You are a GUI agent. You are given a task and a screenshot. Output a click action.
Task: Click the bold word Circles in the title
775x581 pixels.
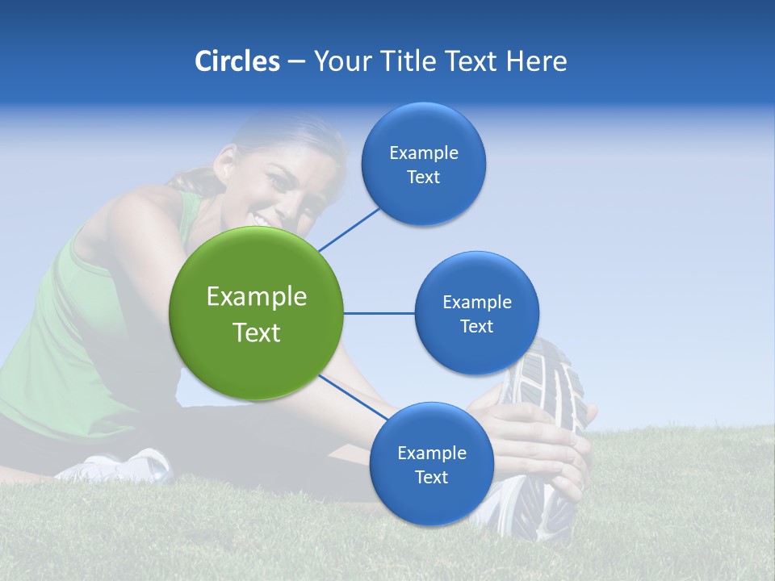coord(237,61)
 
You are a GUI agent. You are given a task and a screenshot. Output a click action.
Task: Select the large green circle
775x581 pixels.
coord(256,313)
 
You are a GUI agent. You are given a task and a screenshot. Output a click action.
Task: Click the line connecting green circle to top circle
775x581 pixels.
coord(349,229)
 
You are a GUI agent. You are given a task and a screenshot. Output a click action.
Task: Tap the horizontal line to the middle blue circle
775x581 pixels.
coord(379,313)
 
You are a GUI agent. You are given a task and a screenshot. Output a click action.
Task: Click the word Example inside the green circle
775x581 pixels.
coord(256,297)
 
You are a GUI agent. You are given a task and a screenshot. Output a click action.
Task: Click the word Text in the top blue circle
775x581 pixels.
coord(423,178)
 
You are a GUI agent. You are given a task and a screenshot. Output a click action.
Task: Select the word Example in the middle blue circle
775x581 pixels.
coord(476,303)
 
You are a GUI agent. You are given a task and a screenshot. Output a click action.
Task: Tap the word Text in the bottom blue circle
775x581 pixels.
coord(431,477)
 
